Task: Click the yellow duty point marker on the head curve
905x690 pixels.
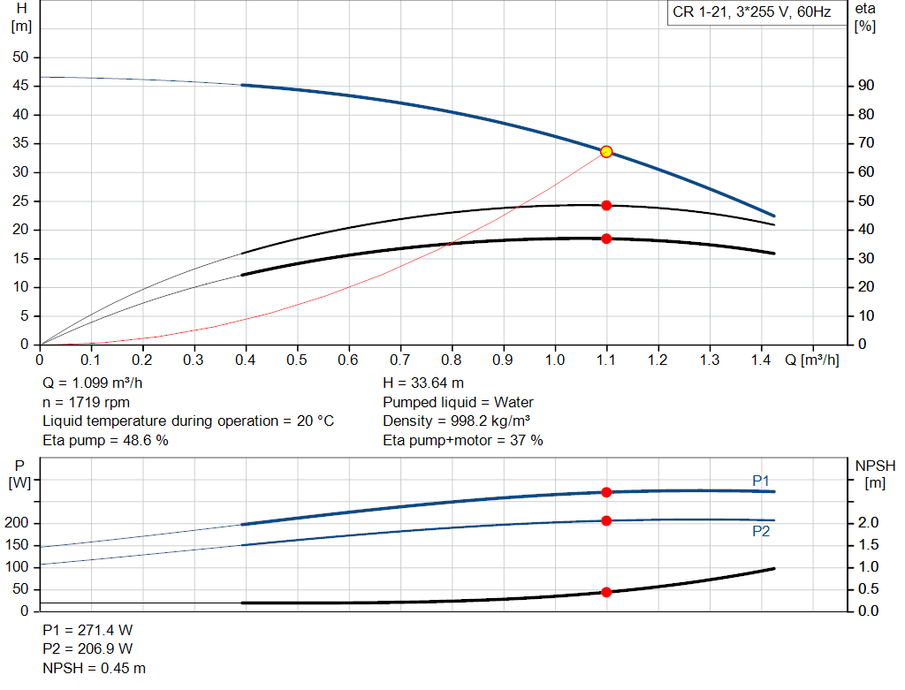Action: click(606, 152)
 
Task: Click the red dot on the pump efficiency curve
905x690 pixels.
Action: click(606, 205)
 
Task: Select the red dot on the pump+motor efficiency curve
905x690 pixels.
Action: click(606, 239)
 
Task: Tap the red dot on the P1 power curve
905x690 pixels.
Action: click(606, 492)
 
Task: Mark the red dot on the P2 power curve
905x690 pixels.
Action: click(606, 520)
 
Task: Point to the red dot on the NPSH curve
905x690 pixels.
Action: click(606, 592)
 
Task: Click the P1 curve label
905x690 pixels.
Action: click(761, 480)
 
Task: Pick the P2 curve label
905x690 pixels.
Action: click(761, 532)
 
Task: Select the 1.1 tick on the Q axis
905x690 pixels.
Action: click(606, 360)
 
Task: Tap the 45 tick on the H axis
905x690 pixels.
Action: click(20, 87)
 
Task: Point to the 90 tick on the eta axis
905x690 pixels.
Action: click(865, 87)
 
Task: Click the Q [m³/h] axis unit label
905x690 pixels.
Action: click(812, 360)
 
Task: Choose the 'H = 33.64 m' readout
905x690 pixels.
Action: click(423, 383)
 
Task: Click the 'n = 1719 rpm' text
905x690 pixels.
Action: click(86, 402)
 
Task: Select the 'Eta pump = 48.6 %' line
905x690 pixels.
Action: click(105, 440)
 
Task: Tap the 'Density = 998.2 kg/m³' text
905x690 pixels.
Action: click(456, 421)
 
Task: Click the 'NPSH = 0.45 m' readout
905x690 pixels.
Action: click(94, 668)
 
